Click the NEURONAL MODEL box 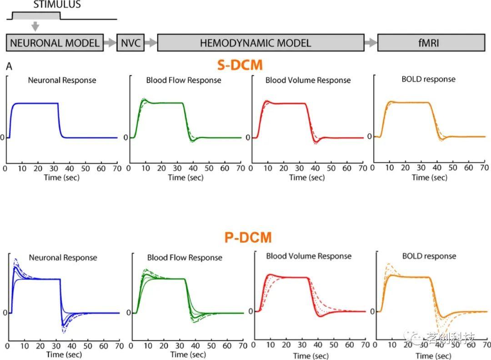coord(55,43)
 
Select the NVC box coord(130,43)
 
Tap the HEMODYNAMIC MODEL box coord(261,43)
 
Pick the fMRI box coord(431,43)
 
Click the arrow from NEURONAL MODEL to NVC coord(110,43)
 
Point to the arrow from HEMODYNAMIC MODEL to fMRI coord(371,43)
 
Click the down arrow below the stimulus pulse coord(35,27)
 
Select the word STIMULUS coord(57,5)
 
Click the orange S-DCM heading coord(240,65)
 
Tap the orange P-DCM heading coord(248,237)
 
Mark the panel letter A coord(9,66)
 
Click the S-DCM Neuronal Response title coord(62,80)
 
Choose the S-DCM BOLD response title coord(428,79)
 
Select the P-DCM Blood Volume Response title coord(309,256)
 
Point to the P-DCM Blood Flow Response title coord(185,258)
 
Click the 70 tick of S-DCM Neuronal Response coord(117,169)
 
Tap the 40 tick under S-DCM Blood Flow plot coord(193,169)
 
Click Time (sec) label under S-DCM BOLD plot coord(429,177)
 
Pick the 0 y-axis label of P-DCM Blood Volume coord(251,311)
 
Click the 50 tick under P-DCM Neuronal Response coord(88,346)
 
